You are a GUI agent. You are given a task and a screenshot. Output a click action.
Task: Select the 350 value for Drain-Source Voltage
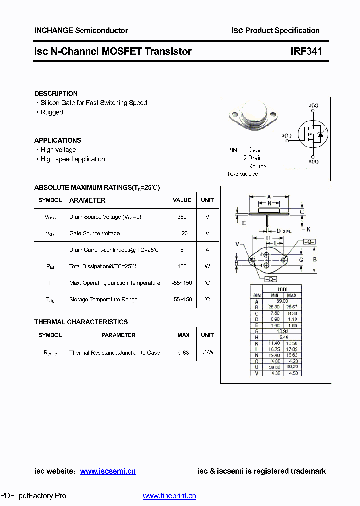click(x=182, y=217)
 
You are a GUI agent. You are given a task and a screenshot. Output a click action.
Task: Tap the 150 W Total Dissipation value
click(x=182, y=266)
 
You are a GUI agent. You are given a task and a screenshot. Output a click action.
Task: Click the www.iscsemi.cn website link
click(x=108, y=471)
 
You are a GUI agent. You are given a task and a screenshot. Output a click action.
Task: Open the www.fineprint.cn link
click(x=169, y=496)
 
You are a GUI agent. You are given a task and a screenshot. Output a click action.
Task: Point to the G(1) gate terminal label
click(x=286, y=136)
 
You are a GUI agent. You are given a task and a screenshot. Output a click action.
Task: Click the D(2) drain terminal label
click(x=313, y=105)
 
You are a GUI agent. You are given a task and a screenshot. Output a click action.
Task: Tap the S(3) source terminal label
click(x=313, y=162)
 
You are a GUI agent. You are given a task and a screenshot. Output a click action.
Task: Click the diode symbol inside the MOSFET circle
click(x=320, y=134)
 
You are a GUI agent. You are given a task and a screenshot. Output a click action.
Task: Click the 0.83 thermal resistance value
click(x=183, y=353)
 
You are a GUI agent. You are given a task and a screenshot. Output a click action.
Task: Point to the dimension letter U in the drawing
click(x=268, y=238)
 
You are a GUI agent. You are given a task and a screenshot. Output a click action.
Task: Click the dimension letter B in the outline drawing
click(x=314, y=259)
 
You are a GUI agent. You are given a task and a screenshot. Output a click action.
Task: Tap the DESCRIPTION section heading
click(x=56, y=93)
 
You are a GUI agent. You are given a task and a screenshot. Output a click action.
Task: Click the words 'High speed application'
click(x=73, y=159)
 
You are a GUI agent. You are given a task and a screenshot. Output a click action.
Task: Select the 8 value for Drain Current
click(x=182, y=250)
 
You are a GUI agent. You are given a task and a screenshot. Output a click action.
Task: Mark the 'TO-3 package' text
click(x=243, y=174)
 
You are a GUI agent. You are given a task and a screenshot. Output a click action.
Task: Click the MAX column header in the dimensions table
click(x=292, y=295)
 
